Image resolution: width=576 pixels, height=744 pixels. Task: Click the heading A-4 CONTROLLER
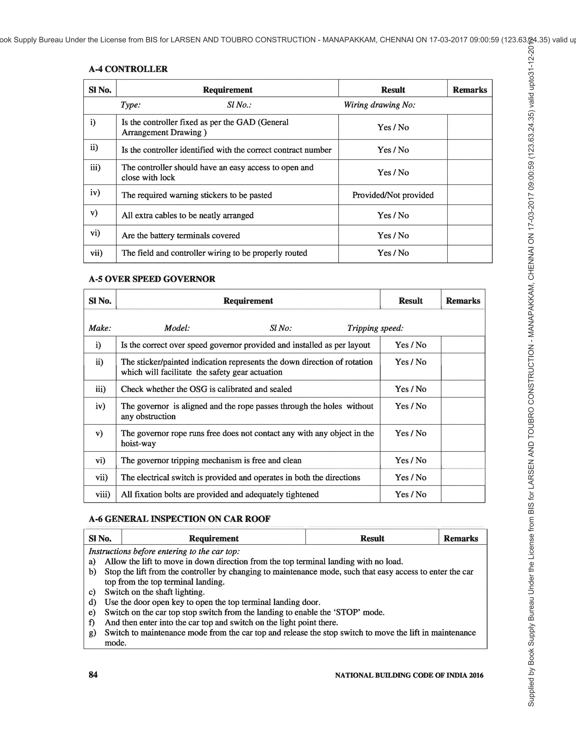[128, 69]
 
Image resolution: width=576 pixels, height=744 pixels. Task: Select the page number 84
[93, 675]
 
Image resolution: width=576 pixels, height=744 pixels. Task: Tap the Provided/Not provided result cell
[393, 195]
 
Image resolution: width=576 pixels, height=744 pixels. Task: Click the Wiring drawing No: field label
[379, 105]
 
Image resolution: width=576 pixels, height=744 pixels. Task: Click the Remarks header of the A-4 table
[469, 90]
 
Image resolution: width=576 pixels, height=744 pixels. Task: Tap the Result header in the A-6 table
[372, 538]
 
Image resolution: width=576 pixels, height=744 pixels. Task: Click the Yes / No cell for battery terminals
[393, 235]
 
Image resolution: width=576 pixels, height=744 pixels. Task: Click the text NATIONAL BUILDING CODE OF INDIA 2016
[409, 675]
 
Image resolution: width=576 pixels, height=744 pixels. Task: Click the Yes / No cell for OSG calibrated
[410, 389]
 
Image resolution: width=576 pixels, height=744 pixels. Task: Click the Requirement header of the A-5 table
[248, 300]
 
